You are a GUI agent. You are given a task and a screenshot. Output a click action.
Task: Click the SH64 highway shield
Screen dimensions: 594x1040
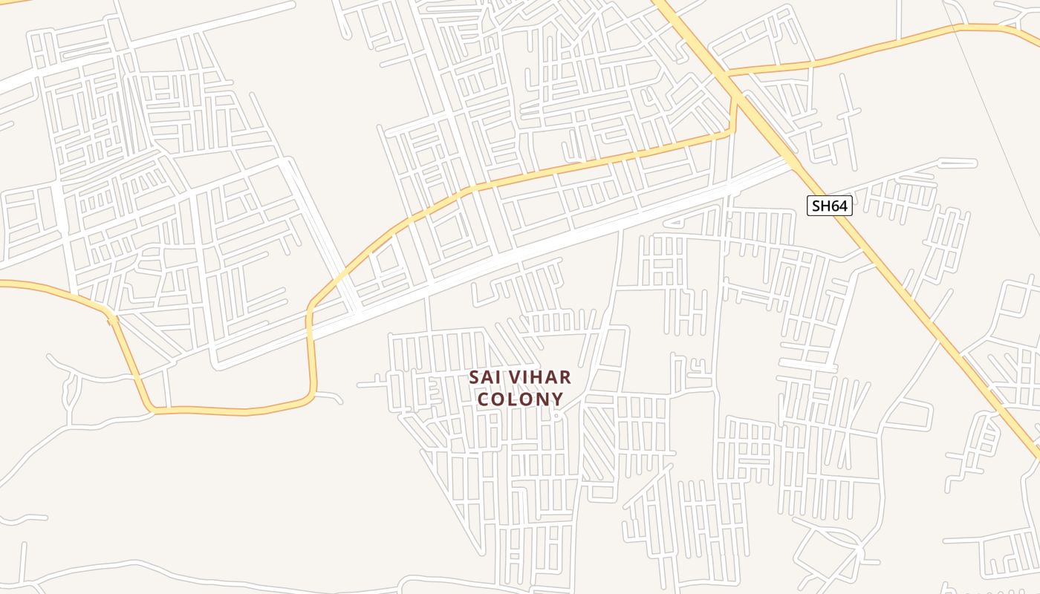(829, 206)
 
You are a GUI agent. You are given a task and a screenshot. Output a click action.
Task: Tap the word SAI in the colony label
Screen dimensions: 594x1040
(484, 377)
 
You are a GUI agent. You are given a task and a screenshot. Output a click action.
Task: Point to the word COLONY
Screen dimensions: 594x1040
(520, 399)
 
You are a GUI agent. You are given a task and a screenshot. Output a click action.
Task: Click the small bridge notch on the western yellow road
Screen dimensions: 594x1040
(111, 319)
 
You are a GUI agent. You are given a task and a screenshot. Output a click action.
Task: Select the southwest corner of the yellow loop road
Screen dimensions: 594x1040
(152, 408)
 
